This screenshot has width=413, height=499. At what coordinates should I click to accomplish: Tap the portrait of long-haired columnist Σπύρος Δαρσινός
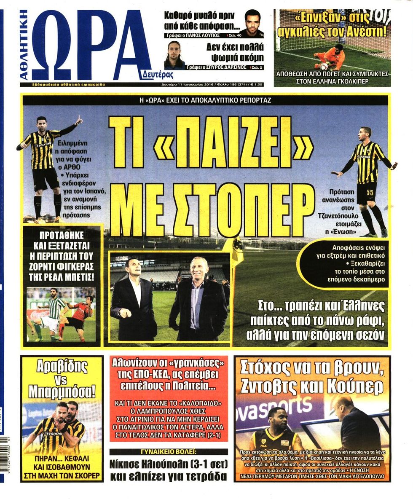174,55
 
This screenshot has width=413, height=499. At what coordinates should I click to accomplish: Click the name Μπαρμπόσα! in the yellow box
62,391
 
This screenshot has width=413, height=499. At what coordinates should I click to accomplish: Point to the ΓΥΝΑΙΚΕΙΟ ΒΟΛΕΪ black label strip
169,451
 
